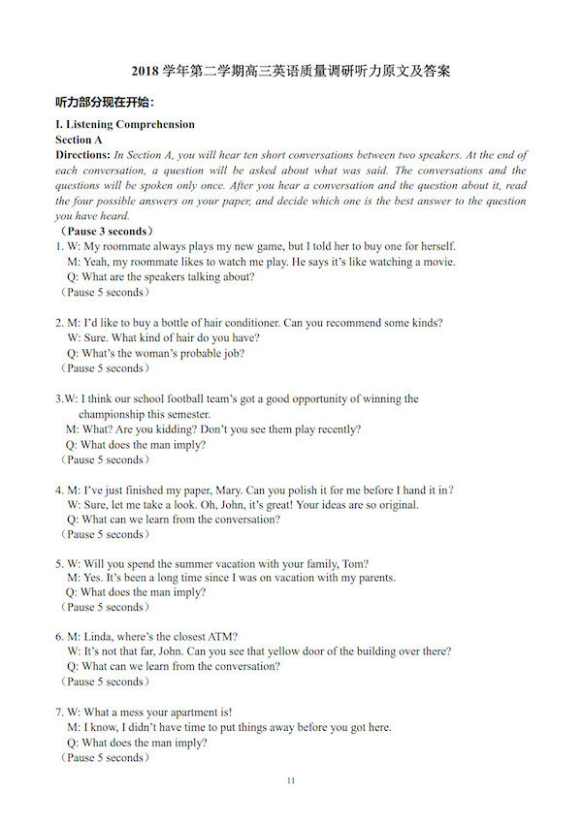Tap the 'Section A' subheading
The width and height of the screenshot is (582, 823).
point(80,140)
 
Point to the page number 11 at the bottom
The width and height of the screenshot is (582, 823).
point(291,781)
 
